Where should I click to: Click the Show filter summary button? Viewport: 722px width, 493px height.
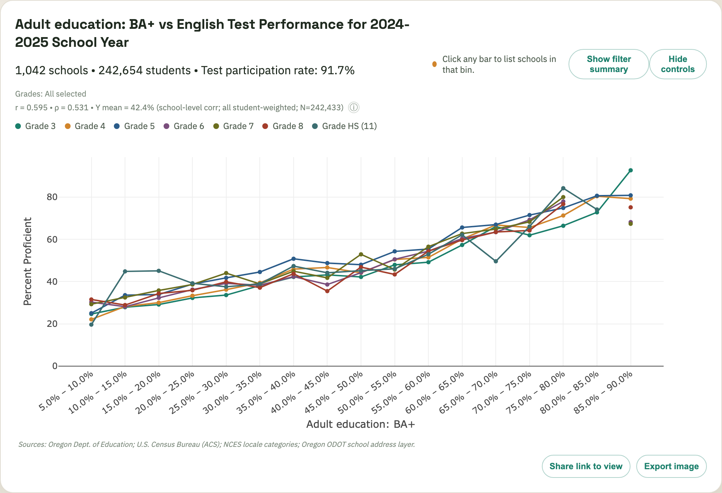click(x=609, y=64)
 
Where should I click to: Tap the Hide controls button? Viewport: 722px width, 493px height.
click(x=677, y=64)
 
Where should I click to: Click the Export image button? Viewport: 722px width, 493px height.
click(x=671, y=466)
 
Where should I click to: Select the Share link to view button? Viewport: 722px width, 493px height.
click(x=586, y=466)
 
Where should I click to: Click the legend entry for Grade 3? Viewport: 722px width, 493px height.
click(x=35, y=126)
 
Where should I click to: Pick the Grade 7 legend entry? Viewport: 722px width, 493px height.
click(x=233, y=126)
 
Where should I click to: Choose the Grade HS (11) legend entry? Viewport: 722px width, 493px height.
click(x=344, y=126)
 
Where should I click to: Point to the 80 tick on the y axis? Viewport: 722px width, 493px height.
click(x=52, y=197)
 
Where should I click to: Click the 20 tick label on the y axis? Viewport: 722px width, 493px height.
click(x=52, y=324)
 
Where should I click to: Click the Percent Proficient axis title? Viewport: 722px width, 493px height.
click(x=28, y=261)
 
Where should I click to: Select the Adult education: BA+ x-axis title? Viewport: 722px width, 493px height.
click(x=360, y=424)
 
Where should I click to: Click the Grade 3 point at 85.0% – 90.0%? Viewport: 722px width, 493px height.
click(x=630, y=170)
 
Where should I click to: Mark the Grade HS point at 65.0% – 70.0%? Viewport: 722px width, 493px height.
click(x=496, y=261)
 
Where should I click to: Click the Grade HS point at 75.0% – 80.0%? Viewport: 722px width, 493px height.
click(x=563, y=188)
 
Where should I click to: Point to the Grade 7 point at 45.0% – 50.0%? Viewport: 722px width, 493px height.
click(x=361, y=254)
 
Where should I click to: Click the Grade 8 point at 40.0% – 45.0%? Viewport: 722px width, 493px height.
click(x=327, y=291)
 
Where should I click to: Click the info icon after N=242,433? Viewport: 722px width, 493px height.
click(x=354, y=107)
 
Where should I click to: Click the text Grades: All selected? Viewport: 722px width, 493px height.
click(x=50, y=94)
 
